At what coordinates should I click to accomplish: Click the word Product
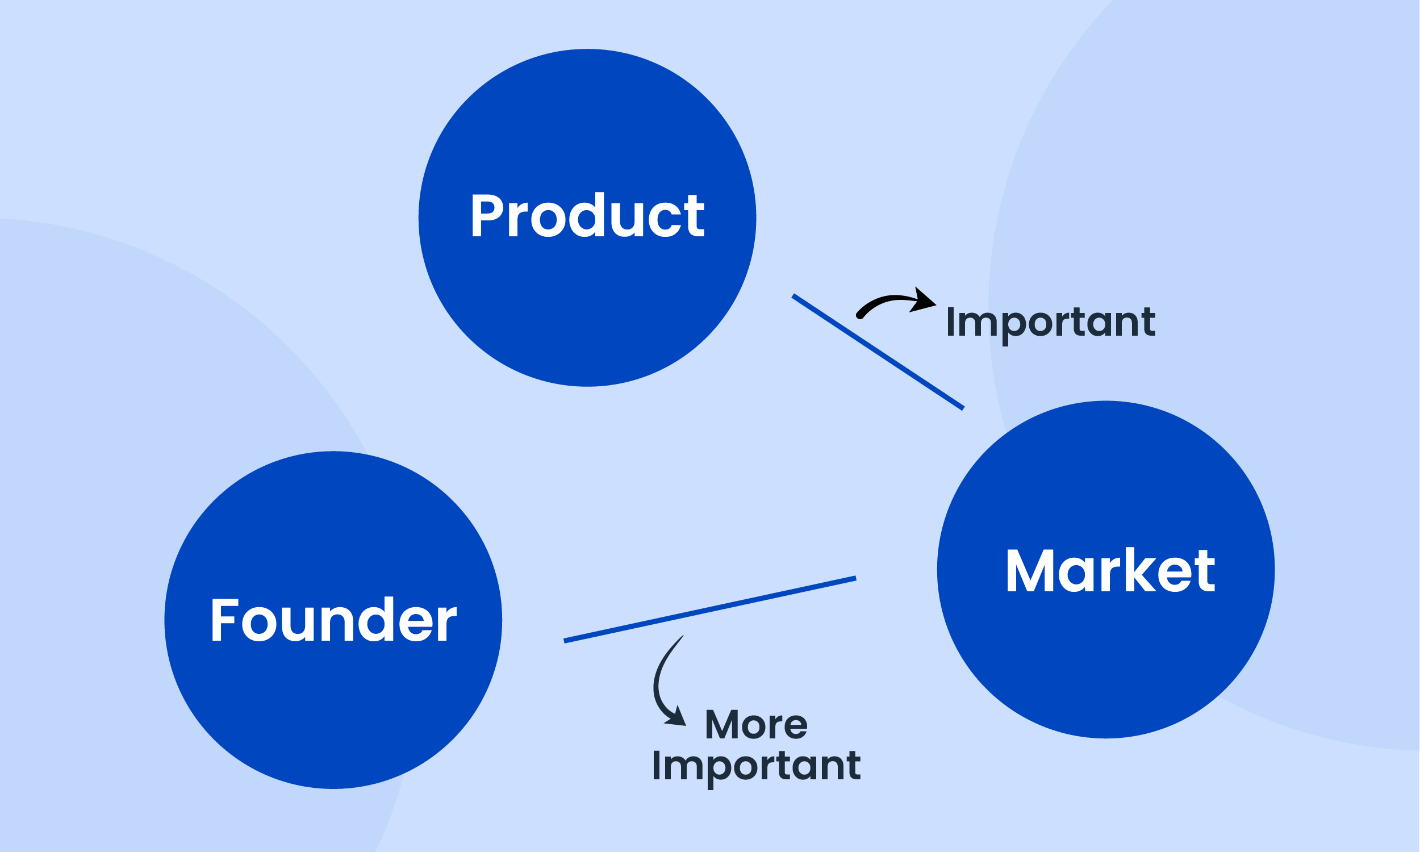[x=587, y=215]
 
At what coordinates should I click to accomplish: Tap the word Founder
[x=333, y=620]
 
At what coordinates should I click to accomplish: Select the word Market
[x=1110, y=570]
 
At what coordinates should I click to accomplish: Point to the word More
[x=757, y=725]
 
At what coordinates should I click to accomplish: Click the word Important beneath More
[x=757, y=766]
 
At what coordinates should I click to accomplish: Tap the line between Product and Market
[x=878, y=353]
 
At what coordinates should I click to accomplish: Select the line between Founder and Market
[x=709, y=609]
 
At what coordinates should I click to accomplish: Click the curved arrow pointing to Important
[x=889, y=303]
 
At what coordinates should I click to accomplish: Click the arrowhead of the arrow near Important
[x=924, y=300]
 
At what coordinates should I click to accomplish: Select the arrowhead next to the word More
[x=677, y=717]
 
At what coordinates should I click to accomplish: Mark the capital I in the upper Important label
[x=950, y=322]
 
